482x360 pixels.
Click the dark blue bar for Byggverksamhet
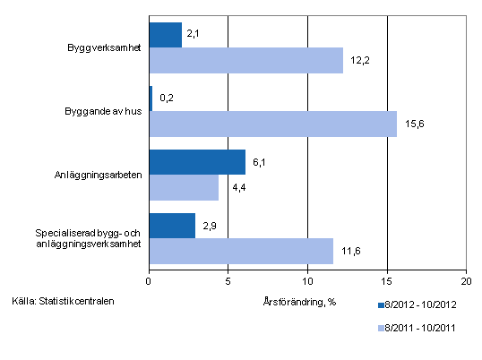166,35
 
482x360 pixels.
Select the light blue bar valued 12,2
245,60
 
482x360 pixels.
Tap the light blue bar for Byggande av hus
272,124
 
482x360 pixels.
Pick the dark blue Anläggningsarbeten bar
197,162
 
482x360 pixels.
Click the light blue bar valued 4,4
184,187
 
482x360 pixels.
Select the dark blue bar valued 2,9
172,226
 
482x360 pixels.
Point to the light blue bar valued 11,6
241,251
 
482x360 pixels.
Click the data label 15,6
414,124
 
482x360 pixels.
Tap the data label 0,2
166,99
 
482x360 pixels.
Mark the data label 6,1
259,162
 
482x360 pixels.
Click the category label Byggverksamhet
103,47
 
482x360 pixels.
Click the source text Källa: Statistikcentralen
64,300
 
